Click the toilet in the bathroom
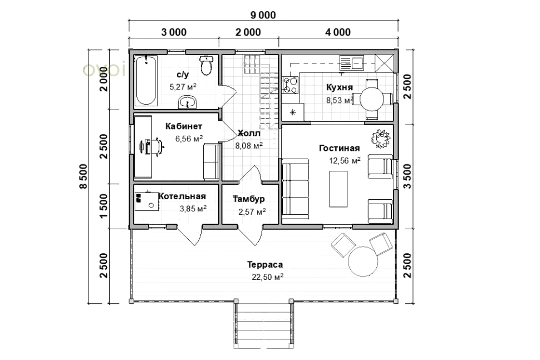coord(207,65)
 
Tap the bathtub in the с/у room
coord(146,80)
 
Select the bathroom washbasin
coord(188,102)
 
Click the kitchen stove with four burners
coord(290,85)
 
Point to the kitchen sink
coord(352,63)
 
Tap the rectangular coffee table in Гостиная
coord(338,189)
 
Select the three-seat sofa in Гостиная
coord(296,189)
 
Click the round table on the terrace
coord(363,261)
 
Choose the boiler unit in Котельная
coord(147,201)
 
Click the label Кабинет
coord(184,126)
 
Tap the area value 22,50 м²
coord(268,277)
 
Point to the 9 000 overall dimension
coord(263,15)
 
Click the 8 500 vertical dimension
coord(84,176)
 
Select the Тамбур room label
coord(249,199)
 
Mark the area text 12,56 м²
coord(345,161)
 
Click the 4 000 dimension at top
coord(338,32)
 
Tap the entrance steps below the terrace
coord(263,323)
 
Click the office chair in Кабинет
coord(159,147)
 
